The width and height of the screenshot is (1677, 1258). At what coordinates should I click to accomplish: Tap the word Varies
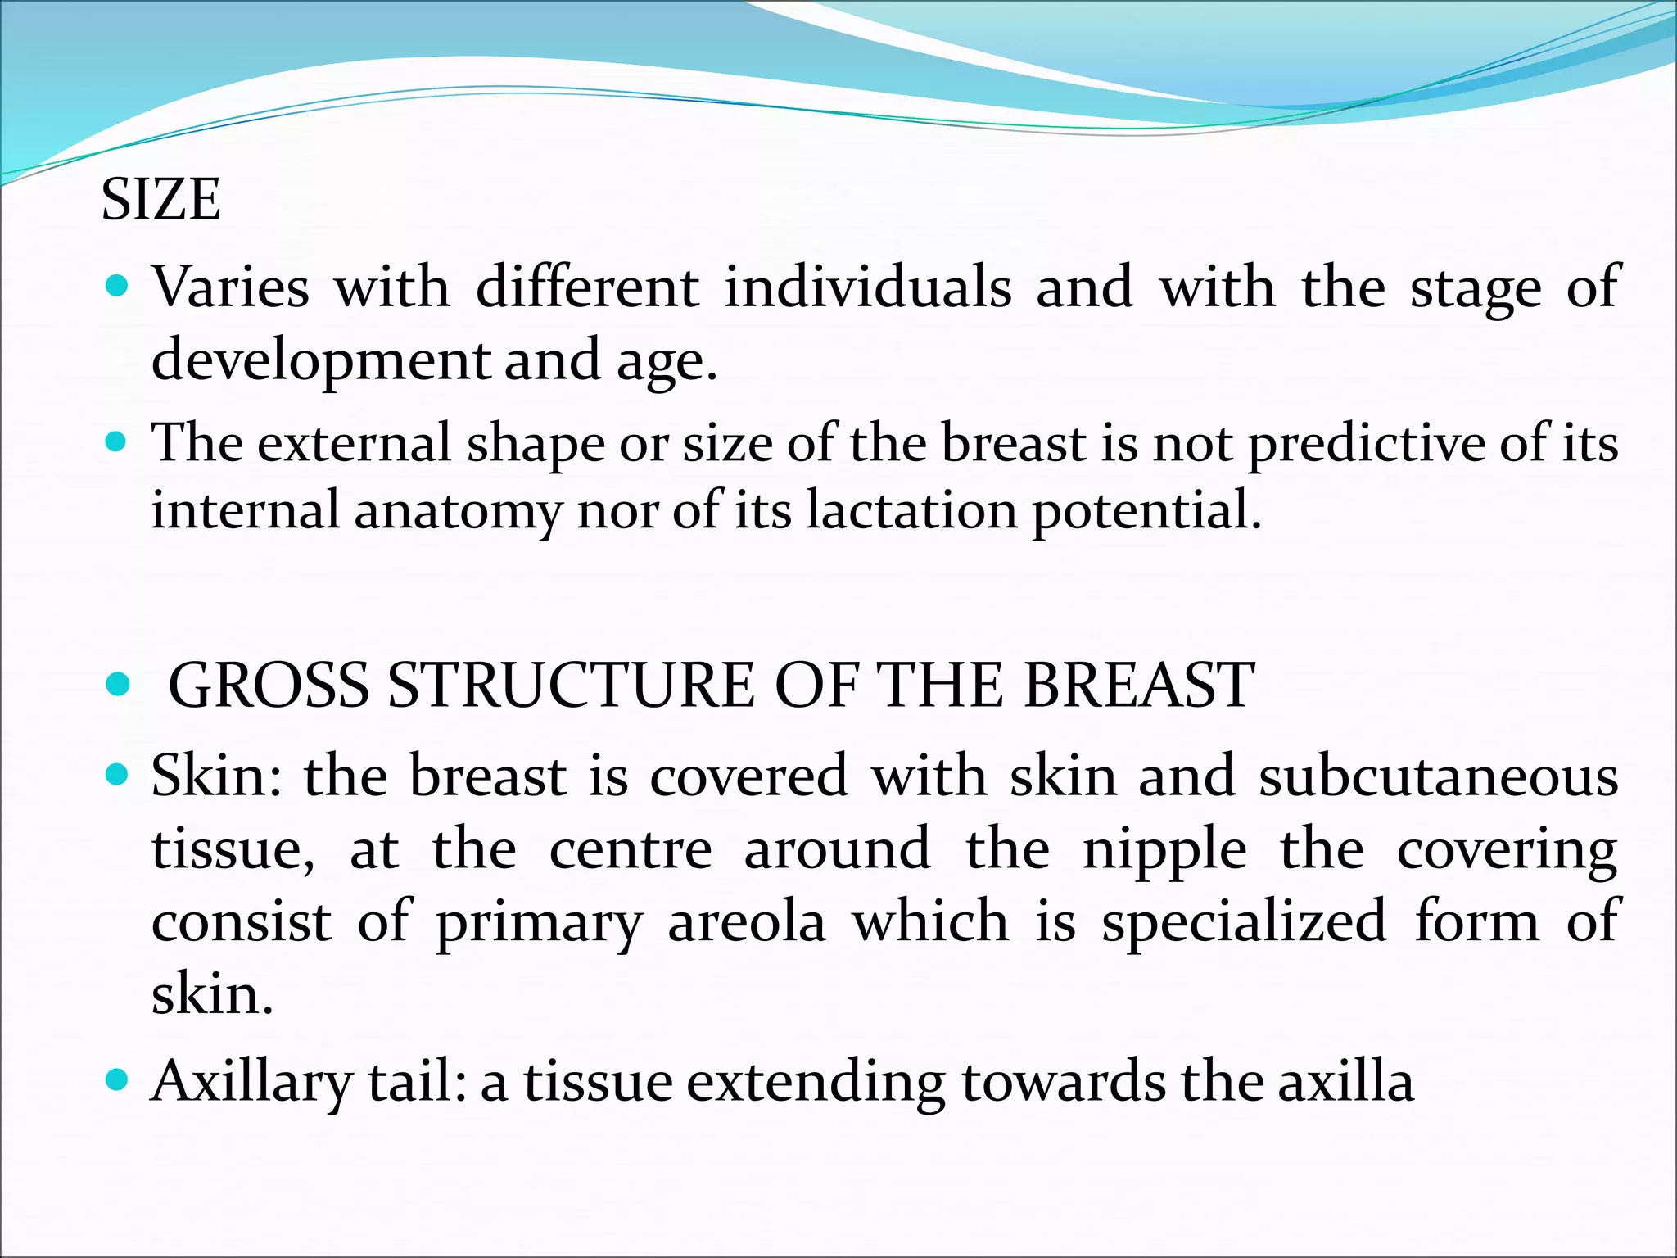coord(231,287)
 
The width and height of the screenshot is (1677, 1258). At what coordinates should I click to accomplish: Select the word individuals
coord(868,287)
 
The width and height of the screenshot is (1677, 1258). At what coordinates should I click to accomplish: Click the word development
coord(321,360)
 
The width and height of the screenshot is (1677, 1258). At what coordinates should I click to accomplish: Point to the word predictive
coord(1366,444)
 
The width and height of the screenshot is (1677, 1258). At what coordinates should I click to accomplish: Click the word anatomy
coord(458,511)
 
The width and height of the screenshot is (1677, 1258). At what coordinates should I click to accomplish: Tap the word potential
coord(1146,511)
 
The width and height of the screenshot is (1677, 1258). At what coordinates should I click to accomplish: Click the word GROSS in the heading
coord(269,685)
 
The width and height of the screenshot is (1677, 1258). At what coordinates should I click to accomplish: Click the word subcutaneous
coord(1438,776)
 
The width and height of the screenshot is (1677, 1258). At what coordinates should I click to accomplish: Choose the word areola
coord(746,922)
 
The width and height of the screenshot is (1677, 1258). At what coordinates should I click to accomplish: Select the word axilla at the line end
coord(1345,1081)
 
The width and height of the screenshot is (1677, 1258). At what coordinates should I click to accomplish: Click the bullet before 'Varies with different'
coord(119,286)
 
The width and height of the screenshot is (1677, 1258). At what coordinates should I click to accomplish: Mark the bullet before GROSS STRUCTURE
coord(119,684)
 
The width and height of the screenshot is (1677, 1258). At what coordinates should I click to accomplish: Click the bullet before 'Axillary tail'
coord(119,1080)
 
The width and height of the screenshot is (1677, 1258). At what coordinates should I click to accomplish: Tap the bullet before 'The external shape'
coord(119,442)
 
